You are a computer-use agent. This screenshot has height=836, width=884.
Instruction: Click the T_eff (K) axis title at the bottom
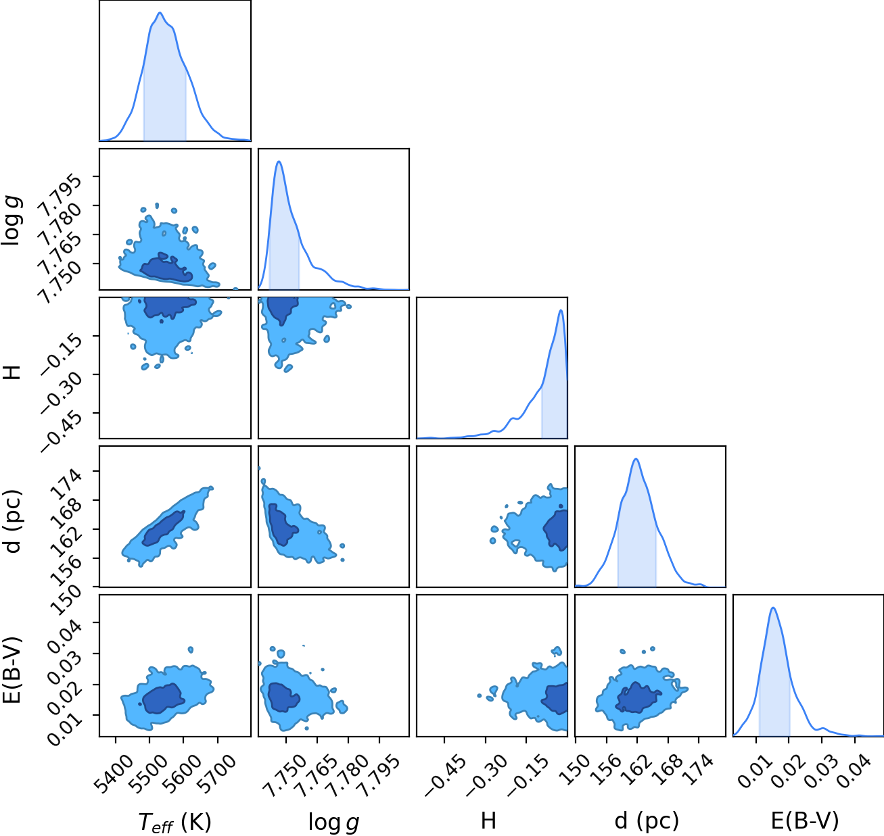(x=175, y=822)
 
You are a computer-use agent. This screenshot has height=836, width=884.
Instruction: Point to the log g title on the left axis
(x=11, y=221)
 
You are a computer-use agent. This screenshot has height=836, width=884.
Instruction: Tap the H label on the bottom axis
(x=489, y=820)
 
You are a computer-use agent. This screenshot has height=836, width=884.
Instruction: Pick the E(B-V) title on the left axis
(x=12, y=670)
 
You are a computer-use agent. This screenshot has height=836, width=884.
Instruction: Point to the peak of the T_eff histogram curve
(x=160, y=13)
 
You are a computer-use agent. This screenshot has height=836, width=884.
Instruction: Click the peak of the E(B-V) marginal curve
(x=773, y=608)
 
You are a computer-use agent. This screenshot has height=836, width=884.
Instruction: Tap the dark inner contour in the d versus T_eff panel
(x=163, y=528)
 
